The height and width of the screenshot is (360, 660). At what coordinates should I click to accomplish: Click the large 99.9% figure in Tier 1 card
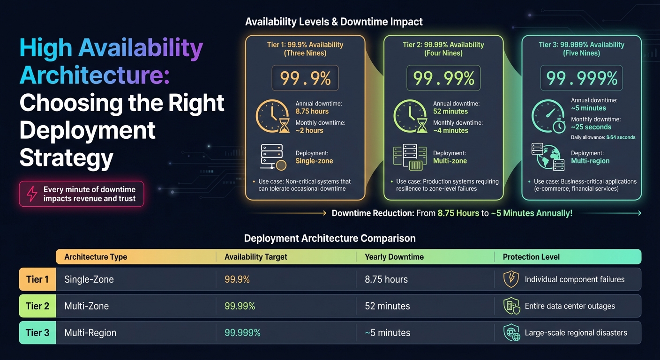click(305, 78)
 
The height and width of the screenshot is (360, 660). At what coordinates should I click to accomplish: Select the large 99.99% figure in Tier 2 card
click(443, 78)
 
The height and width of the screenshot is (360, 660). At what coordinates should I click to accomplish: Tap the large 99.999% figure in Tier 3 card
click(581, 78)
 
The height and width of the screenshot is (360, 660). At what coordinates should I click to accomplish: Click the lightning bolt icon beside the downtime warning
click(31, 194)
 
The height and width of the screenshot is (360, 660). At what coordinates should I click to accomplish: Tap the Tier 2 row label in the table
click(37, 306)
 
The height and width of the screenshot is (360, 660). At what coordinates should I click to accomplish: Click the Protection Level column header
click(531, 257)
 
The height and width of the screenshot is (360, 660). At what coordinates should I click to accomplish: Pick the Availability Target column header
click(256, 257)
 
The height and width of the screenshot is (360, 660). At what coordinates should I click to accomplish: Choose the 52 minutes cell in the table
click(387, 306)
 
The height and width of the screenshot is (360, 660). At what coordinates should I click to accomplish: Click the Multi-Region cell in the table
click(90, 333)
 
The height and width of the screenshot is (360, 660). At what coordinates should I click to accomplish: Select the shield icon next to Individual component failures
click(510, 279)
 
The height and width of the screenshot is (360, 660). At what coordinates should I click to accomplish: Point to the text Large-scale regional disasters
click(576, 333)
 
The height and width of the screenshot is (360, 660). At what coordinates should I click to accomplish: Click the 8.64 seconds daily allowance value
click(621, 137)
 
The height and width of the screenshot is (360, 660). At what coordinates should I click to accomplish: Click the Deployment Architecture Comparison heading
click(330, 238)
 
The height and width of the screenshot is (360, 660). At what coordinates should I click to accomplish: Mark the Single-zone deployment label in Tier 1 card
click(314, 161)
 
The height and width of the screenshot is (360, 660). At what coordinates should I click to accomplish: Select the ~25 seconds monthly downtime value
click(591, 127)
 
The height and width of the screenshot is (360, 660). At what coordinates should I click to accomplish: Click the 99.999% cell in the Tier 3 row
click(242, 333)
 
